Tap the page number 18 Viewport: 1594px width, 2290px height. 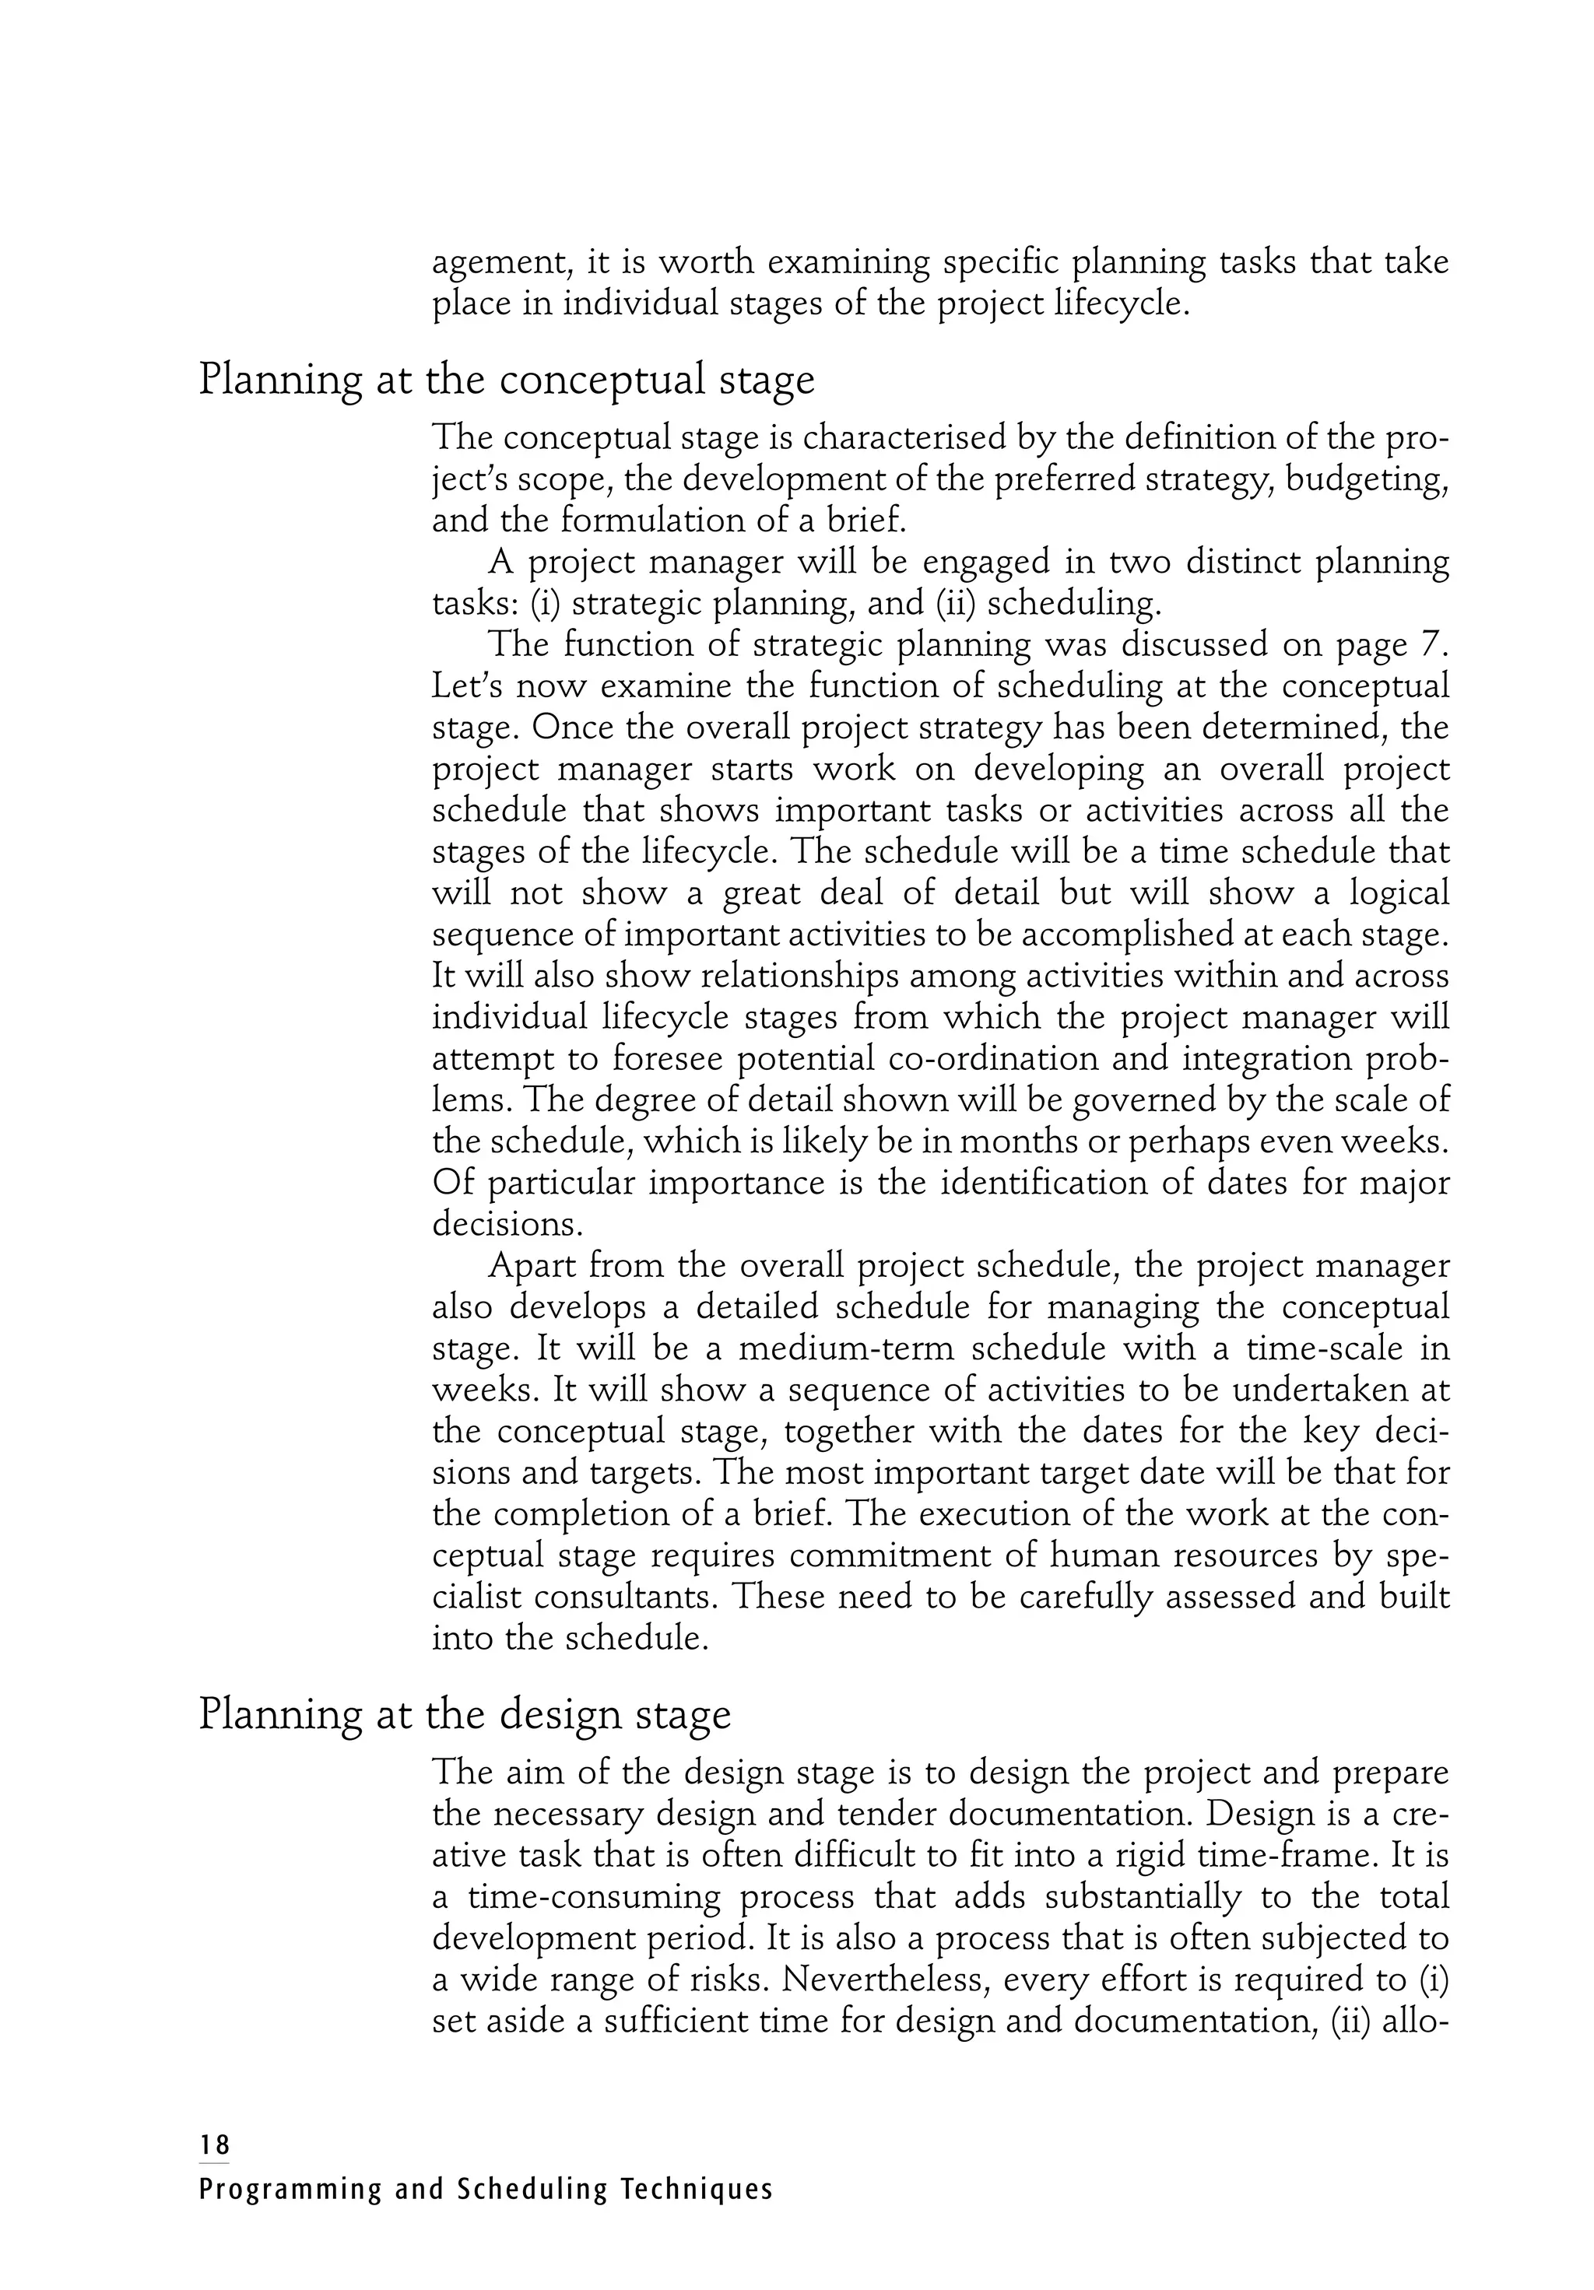click(x=213, y=2144)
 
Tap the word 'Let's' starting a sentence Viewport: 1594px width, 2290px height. click(x=466, y=686)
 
